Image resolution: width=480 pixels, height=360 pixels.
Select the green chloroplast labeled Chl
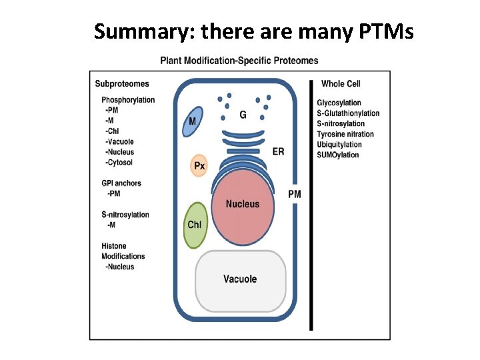pos(195,225)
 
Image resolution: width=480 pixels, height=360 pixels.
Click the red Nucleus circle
pos(242,203)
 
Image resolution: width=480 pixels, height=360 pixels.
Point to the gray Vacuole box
pos(240,279)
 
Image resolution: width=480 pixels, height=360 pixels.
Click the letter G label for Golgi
pos(243,115)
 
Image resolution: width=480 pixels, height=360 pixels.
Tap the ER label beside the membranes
pos(278,151)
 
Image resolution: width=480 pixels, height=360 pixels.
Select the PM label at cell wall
pos(294,194)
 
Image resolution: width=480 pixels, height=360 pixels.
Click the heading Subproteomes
pos(122,84)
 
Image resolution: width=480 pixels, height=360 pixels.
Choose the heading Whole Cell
pos(341,84)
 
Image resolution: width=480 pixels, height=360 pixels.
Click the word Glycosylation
pos(339,103)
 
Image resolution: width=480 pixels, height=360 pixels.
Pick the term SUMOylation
pos(338,155)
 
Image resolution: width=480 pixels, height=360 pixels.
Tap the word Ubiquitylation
pos(339,145)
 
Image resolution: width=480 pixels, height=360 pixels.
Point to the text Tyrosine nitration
pos(345,134)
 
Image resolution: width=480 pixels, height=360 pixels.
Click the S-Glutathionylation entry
pos(348,113)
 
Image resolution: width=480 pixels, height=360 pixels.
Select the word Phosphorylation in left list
pos(128,100)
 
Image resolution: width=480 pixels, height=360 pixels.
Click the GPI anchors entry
pos(121,183)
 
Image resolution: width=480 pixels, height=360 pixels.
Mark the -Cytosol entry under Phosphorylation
pos(119,163)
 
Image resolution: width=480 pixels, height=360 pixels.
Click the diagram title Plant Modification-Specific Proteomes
pos(239,61)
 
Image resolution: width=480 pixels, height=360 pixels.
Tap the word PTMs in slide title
pos(387,31)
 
